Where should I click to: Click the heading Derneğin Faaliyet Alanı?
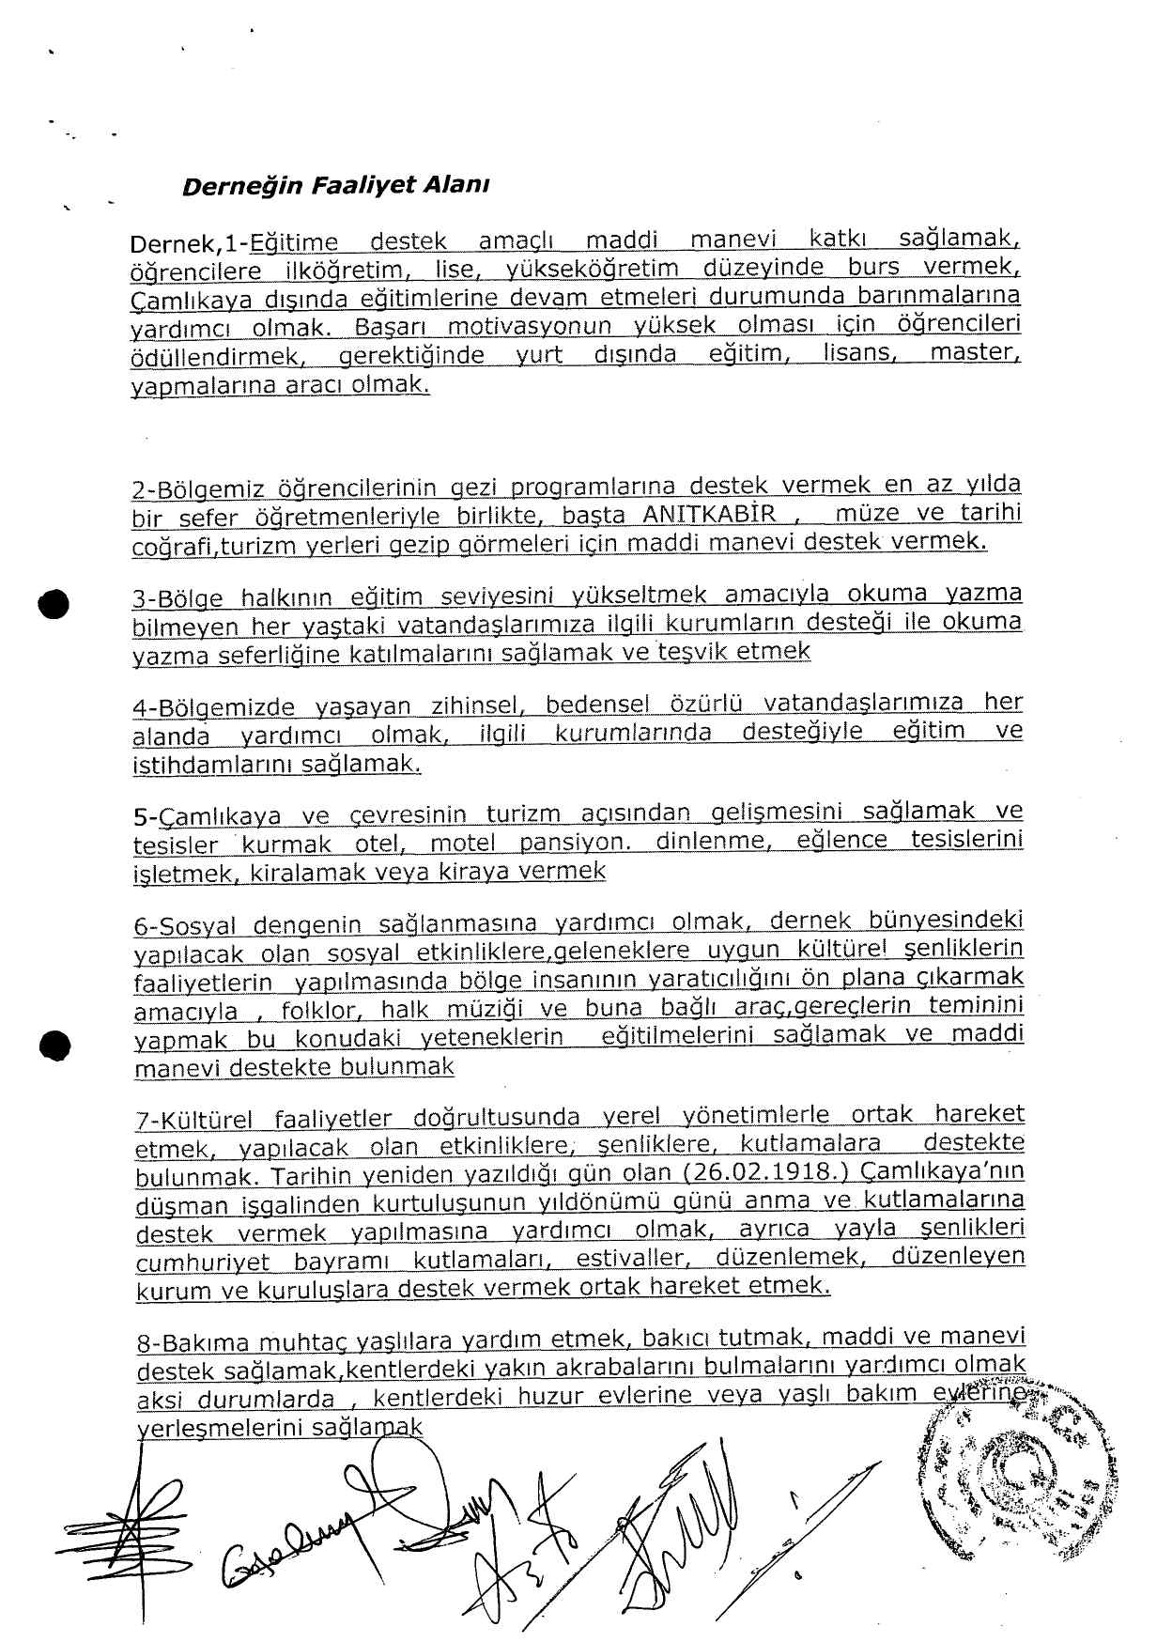pyautogui.click(x=335, y=185)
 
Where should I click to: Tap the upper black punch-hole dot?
pyautogui.click(x=55, y=602)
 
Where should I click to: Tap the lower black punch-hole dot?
pyautogui.click(x=55, y=1045)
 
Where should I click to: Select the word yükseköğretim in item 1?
pyautogui.click(x=593, y=270)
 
